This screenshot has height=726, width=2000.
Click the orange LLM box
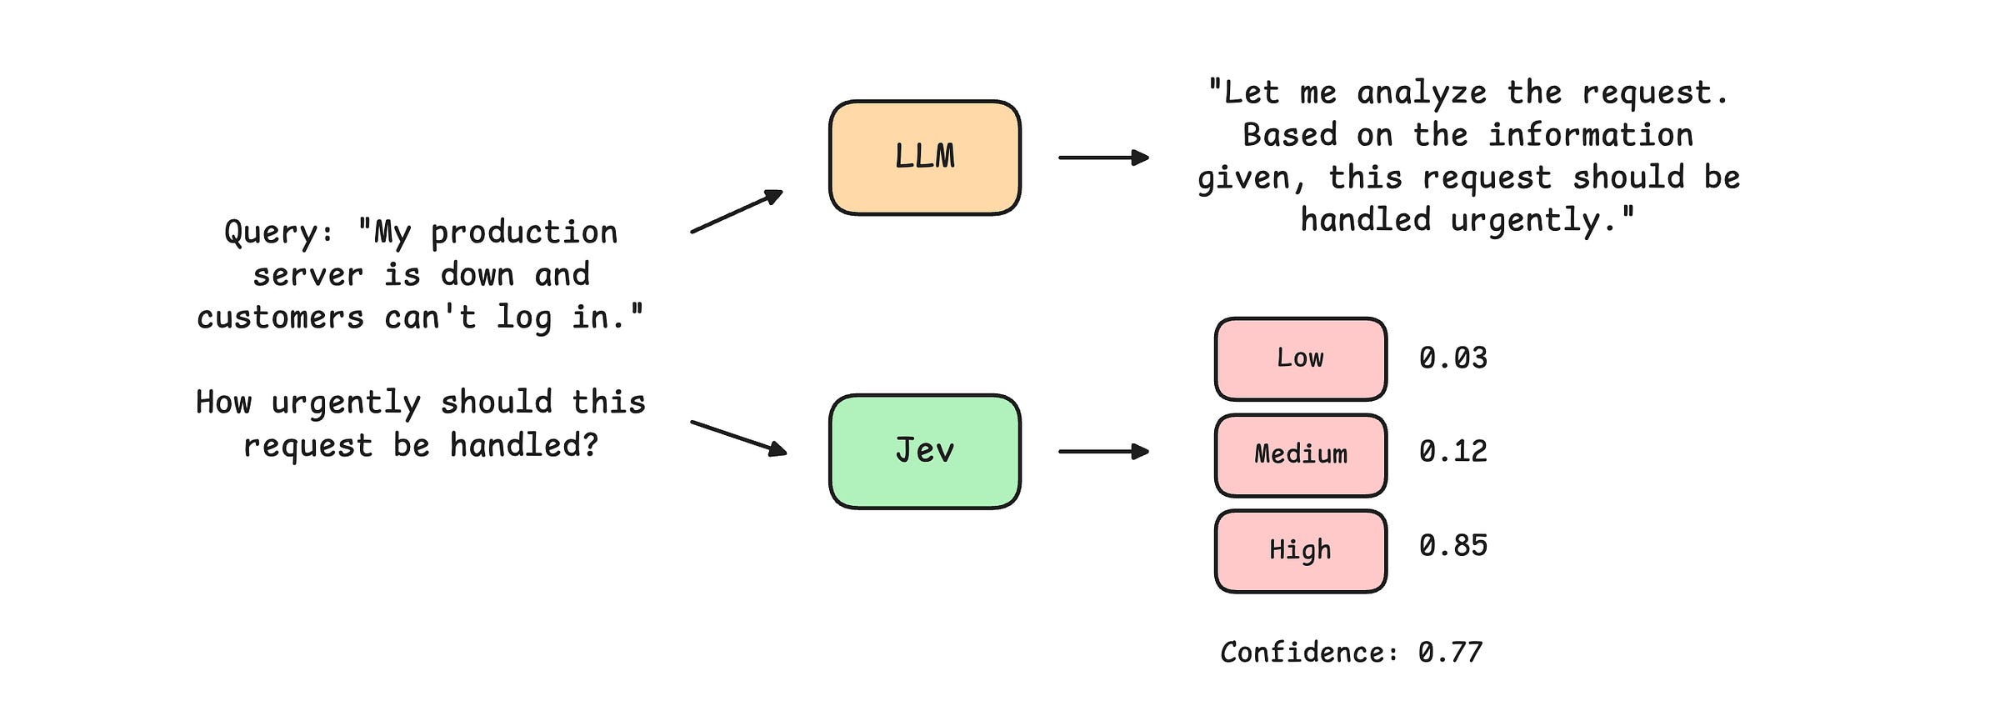pos(925,158)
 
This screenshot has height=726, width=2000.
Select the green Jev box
pos(925,451)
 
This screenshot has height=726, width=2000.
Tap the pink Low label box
pos(1301,358)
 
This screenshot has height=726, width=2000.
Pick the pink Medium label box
pos(1301,455)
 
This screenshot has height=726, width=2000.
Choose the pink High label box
pos(1301,551)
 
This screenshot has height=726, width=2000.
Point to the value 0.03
pos(1453,358)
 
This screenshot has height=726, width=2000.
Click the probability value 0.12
pos(1453,452)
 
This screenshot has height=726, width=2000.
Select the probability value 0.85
pos(1453,546)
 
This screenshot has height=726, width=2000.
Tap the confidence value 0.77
pos(1451,653)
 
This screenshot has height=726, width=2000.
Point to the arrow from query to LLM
pos(737,211)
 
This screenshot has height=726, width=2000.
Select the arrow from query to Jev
pos(739,438)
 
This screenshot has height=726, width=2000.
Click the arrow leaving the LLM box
pos(1104,158)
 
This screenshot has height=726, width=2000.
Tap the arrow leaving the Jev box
pos(1104,452)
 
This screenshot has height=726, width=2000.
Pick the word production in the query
pos(524,233)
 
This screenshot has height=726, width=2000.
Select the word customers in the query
pos(281,318)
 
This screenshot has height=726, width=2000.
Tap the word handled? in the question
pos(524,446)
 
